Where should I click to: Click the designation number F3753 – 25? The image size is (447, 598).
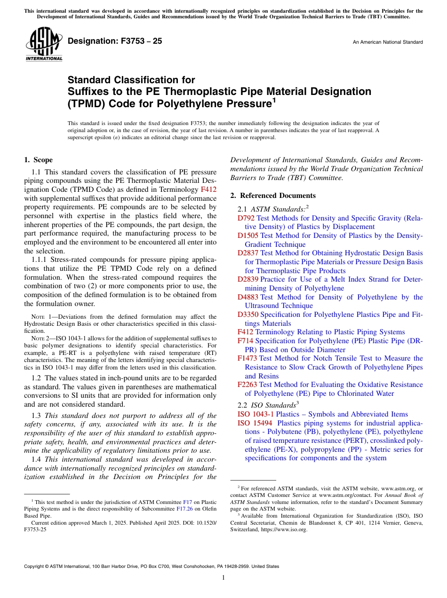[115, 41]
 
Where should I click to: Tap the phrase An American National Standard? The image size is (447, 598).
[387, 42]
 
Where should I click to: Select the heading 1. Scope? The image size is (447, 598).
[38, 160]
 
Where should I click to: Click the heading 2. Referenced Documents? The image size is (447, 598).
[273, 196]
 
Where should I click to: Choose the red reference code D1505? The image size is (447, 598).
[248, 236]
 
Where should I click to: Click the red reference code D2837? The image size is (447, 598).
[248, 253]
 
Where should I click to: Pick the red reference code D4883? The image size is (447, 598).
[248, 297]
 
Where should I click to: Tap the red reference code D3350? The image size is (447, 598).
[248, 315]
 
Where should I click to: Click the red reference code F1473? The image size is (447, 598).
[247, 358]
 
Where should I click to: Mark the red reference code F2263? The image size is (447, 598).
[247, 385]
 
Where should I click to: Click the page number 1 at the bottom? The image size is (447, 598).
[223, 577]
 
